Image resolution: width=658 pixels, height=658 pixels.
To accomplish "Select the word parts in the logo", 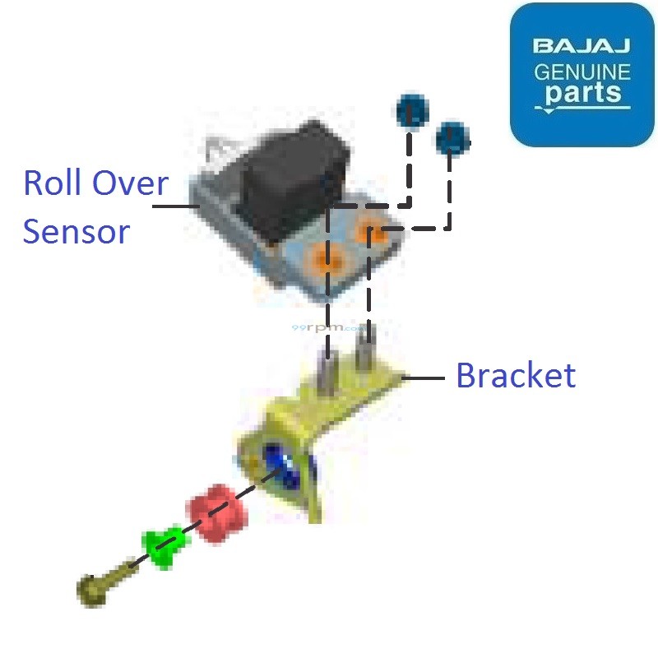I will (x=583, y=93).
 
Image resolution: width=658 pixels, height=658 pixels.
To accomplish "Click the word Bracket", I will (x=516, y=376).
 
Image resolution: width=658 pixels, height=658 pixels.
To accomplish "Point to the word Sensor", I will (x=76, y=232).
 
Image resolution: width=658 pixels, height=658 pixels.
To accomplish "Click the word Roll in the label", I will (x=56, y=183).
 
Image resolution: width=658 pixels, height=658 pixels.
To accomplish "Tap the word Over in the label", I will (x=132, y=183).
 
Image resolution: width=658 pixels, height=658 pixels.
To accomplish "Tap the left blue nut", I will (x=412, y=112).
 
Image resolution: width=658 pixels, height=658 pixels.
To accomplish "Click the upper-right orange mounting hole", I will (x=370, y=234).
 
